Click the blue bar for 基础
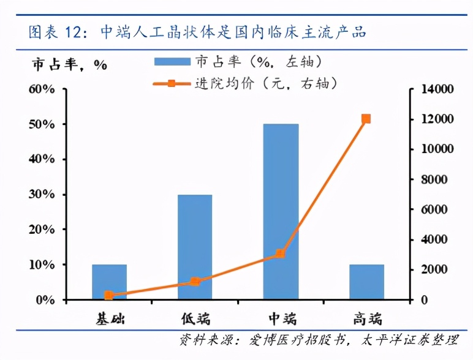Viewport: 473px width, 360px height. click(109, 282)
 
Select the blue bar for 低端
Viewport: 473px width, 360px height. click(195, 247)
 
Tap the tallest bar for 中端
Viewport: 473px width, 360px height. click(281, 212)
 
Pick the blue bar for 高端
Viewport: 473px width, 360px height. click(366, 282)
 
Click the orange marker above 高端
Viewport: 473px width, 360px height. click(366, 119)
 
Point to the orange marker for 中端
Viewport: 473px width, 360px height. click(280, 253)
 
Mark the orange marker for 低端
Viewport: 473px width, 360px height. click(195, 282)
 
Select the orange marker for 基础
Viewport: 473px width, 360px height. click(109, 295)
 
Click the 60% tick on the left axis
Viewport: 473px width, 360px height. click(40, 89)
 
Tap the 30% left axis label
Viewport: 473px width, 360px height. click(40, 195)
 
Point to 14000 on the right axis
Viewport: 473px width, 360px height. click(437, 89)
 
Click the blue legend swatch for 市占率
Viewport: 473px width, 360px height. click(172, 61)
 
